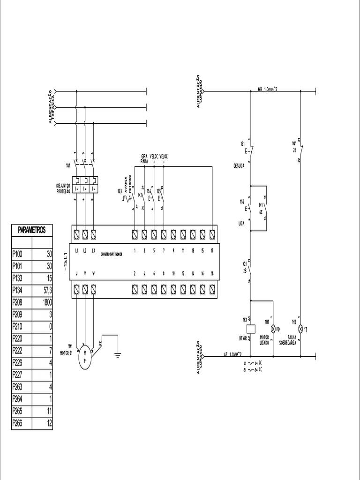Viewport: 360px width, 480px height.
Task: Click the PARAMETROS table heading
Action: point(32,230)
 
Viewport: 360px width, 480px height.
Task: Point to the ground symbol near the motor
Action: point(118,354)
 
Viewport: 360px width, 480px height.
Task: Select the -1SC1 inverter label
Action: point(66,262)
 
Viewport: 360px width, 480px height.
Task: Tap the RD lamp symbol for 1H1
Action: point(272,329)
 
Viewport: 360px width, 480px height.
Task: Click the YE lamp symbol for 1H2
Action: point(300,329)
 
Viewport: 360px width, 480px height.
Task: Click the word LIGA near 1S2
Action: point(242,224)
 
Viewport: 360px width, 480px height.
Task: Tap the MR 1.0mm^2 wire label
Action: point(268,89)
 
